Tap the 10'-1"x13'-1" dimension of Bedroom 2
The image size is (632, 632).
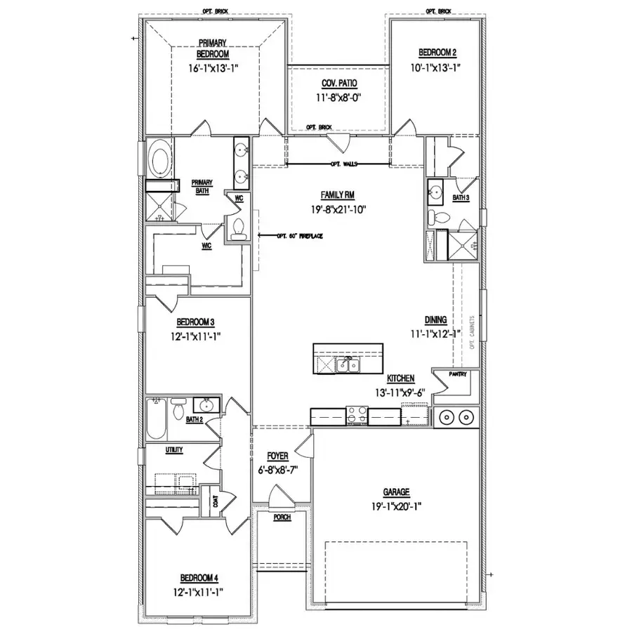tap(438, 68)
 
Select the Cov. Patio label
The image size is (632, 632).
tap(340, 83)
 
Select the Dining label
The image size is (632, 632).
tap(437, 320)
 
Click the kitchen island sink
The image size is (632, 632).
tap(345, 364)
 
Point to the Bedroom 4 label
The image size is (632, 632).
tap(199, 577)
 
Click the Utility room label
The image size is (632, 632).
tap(174, 449)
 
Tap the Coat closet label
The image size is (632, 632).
tap(214, 502)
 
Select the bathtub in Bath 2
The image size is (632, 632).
tap(155, 421)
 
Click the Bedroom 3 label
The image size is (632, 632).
tap(195, 322)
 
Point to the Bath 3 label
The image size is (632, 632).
tap(461, 198)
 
